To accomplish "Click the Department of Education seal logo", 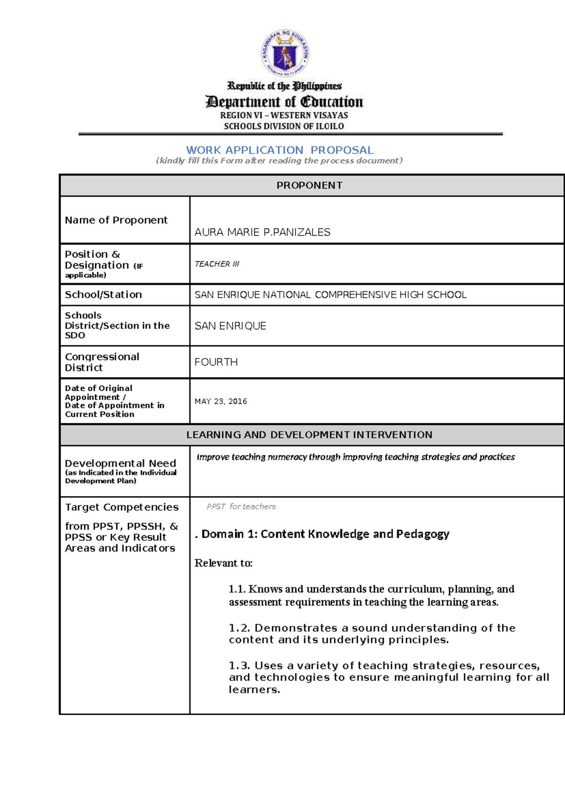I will [285, 53].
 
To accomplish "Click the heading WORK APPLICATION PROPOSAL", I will [280, 150].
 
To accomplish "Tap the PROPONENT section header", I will [309, 185].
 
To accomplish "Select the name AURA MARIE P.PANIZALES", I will [262, 232].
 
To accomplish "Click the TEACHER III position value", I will [217, 264].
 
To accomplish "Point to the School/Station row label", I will [103, 294].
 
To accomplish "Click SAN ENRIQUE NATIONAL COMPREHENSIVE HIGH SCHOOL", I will [331, 294].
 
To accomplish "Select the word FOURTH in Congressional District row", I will [216, 362].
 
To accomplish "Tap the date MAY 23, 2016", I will [221, 401].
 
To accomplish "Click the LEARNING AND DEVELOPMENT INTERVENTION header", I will [309, 434].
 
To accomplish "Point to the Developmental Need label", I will [121, 463].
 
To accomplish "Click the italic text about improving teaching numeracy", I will [355, 457].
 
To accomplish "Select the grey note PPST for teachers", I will [241, 506].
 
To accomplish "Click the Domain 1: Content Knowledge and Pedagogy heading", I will [325, 534].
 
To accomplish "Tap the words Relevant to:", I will [224, 563].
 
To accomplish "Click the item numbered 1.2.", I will [372, 634].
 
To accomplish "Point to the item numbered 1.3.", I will [388, 677].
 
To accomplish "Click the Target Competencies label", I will [121, 507].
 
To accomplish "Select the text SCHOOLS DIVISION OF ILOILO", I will [284, 126].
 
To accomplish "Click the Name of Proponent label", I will [116, 220].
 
